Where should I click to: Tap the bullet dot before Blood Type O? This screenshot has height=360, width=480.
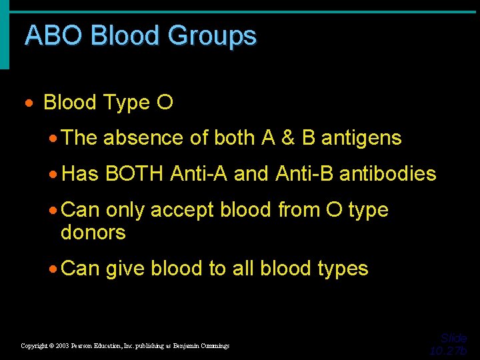[x=29, y=103]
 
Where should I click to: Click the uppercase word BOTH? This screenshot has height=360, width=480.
[x=134, y=174]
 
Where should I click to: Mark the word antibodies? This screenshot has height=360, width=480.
[x=387, y=174]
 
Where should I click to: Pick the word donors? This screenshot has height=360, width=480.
[x=93, y=233]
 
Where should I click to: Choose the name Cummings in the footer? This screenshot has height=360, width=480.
[x=211, y=346]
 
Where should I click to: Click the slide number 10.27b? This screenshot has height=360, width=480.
[x=448, y=351]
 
